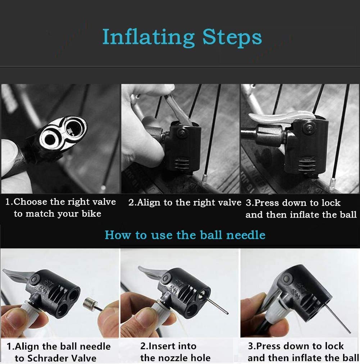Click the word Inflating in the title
click(x=149, y=38)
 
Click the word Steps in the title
click(x=232, y=38)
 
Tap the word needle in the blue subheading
click(x=246, y=235)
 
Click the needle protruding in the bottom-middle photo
click(x=215, y=304)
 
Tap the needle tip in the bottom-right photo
click(x=350, y=332)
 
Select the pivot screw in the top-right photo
click(x=309, y=127)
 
